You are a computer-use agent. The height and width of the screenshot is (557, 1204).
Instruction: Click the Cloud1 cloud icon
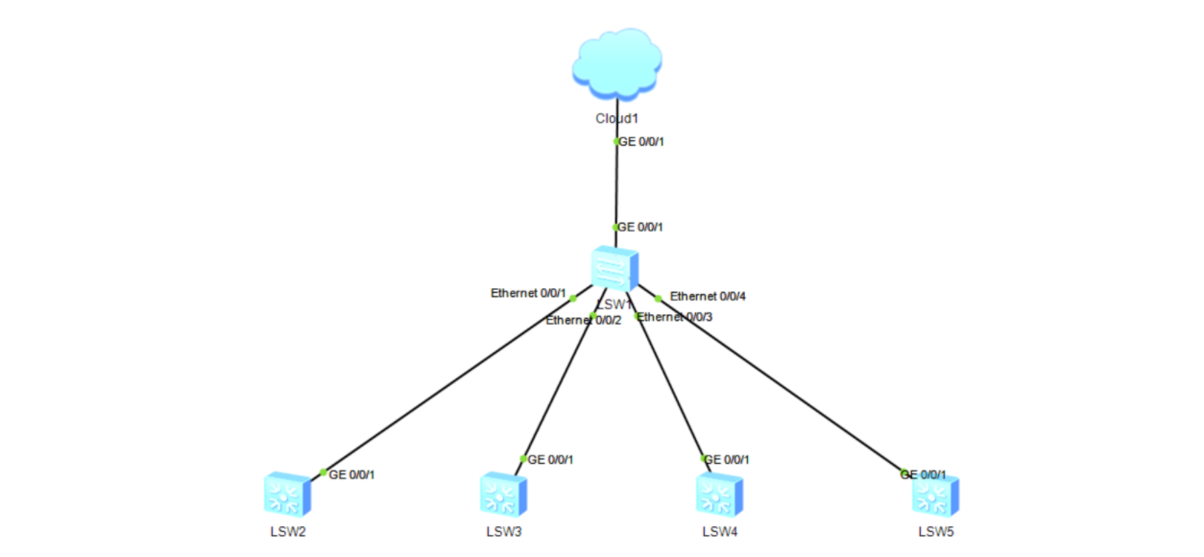[x=616, y=65]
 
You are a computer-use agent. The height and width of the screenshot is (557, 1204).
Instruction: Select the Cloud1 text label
[x=616, y=119]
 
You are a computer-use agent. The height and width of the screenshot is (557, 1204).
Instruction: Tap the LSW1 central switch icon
[x=615, y=268]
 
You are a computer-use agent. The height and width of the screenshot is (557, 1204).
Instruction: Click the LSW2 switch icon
[x=287, y=495]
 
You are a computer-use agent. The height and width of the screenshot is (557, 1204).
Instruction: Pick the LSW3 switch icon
[x=503, y=495]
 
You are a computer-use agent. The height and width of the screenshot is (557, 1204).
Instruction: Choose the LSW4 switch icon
[x=719, y=495]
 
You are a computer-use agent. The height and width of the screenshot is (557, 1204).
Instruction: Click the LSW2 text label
[x=287, y=531]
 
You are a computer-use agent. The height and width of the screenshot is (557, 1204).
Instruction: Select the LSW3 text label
[x=503, y=531]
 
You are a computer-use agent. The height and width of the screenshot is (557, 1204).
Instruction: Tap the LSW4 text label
[x=719, y=531]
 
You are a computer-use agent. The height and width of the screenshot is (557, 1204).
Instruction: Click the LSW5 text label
[x=935, y=531]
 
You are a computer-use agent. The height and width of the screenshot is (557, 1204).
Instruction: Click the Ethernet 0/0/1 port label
[x=527, y=293]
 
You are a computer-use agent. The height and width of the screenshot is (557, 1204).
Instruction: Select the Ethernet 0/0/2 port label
[x=584, y=321]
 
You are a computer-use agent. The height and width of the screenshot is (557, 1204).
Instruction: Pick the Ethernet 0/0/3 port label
[x=676, y=316]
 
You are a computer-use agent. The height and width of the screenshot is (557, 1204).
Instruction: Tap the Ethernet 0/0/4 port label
[x=708, y=296]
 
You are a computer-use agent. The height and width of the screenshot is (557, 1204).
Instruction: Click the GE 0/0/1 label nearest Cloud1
[x=641, y=141]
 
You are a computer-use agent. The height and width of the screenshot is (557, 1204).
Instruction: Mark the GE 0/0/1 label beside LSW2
[x=351, y=474]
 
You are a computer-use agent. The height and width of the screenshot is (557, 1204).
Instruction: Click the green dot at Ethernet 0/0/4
[x=659, y=298]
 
